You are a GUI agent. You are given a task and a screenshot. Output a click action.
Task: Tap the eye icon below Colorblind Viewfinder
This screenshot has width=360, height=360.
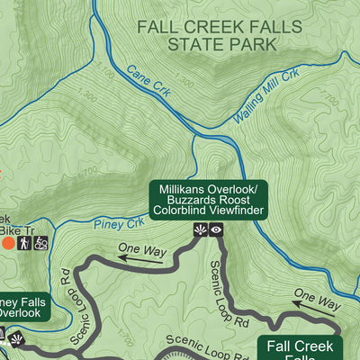click(x=217, y=231)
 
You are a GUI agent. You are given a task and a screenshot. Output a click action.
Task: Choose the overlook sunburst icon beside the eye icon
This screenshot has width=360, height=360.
click(x=200, y=231)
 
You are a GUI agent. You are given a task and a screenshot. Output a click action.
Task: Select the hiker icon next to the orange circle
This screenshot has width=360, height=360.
click(x=25, y=243)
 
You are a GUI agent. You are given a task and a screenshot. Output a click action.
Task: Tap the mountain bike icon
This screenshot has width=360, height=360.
click(x=41, y=243)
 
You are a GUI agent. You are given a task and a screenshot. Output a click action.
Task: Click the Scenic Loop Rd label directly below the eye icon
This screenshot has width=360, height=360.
click(x=228, y=292)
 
